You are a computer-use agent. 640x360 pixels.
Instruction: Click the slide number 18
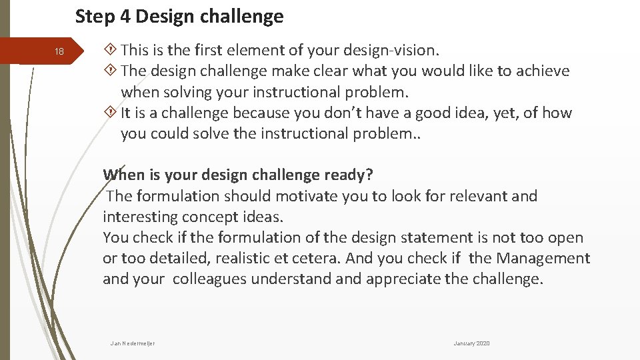[x=59, y=52]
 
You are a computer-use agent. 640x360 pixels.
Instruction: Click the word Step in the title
[x=95, y=17]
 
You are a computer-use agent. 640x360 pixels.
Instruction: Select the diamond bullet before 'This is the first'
[x=111, y=50]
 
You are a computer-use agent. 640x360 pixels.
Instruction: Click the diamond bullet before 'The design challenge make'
[x=111, y=71]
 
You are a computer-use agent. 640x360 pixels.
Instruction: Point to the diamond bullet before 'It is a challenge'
[x=111, y=113]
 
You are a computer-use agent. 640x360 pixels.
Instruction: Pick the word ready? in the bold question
[x=348, y=175]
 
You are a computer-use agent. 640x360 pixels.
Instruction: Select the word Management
[x=542, y=258]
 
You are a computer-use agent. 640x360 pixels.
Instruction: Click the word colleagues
[x=209, y=279]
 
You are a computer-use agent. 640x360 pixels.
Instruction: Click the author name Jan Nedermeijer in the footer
[x=133, y=343]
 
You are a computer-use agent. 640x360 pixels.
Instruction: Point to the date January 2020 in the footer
[x=471, y=343]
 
